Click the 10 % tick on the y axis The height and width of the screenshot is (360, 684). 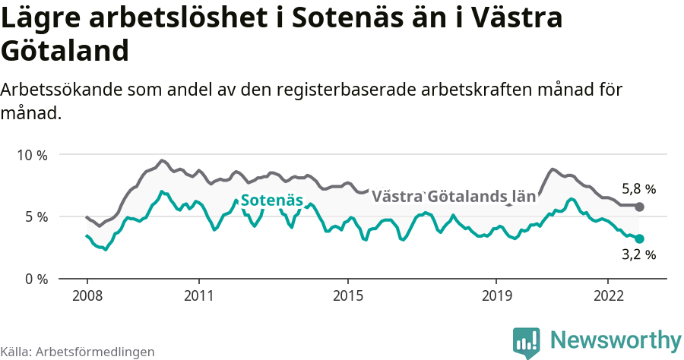pos(32,155)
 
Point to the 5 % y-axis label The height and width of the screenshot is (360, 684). pos(35,216)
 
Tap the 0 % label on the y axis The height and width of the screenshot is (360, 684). pos(35,279)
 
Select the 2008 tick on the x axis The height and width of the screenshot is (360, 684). pos(87,295)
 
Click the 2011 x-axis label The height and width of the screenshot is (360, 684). pos(198,295)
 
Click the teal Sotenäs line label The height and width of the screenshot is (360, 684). pos(271,201)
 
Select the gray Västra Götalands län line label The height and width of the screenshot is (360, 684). pos(453,196)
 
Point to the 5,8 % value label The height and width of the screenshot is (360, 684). pos(638,188)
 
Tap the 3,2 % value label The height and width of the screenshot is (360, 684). pos(638,255)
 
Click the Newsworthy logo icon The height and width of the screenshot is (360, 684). pos(527,341)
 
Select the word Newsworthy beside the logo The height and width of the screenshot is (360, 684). pos(616,339)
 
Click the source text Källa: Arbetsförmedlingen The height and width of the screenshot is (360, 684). pos(78,352)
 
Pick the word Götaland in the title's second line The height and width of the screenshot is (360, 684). pos(65,52)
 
